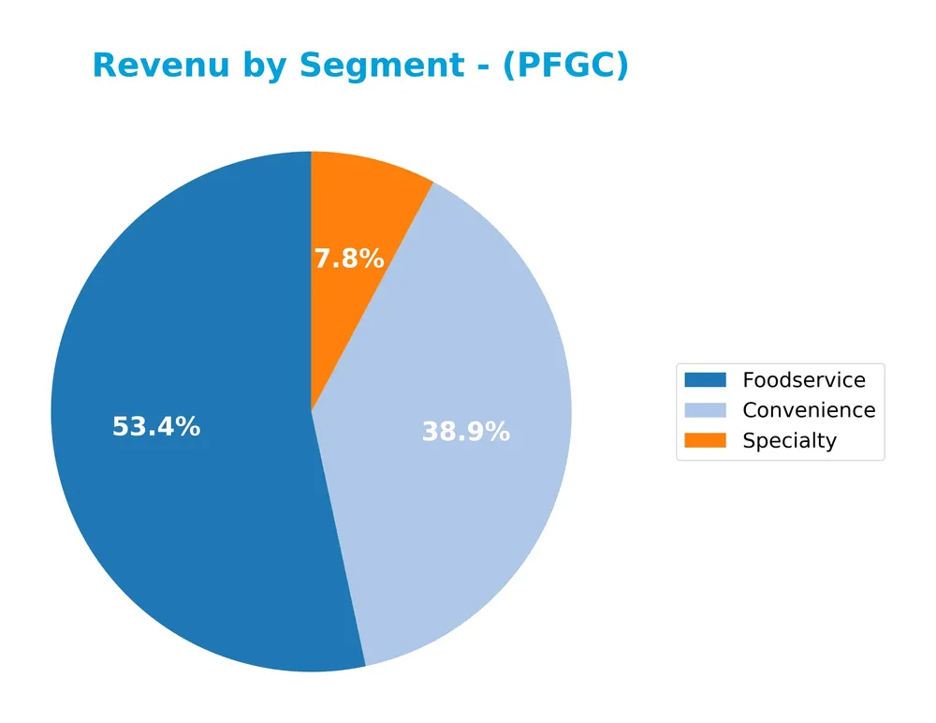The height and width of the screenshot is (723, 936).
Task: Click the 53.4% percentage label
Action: point(156,427)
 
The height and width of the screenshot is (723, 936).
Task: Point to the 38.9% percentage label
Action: point(465,432)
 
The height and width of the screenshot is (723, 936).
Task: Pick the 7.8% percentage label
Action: point(348,259)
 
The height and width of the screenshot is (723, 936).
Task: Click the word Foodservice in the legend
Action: point(804,380)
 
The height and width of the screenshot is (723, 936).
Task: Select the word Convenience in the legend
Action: point(809,410)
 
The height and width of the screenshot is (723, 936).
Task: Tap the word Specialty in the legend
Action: point(789,441)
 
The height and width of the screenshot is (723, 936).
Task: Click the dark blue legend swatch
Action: point(705,380)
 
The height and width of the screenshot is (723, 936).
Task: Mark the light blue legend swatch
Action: point(705,410)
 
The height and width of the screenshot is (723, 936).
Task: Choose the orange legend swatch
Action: point(705,441)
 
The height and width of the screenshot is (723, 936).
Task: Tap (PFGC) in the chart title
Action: point(565,66)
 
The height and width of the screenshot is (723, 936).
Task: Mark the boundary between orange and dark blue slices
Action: point(312,281)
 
